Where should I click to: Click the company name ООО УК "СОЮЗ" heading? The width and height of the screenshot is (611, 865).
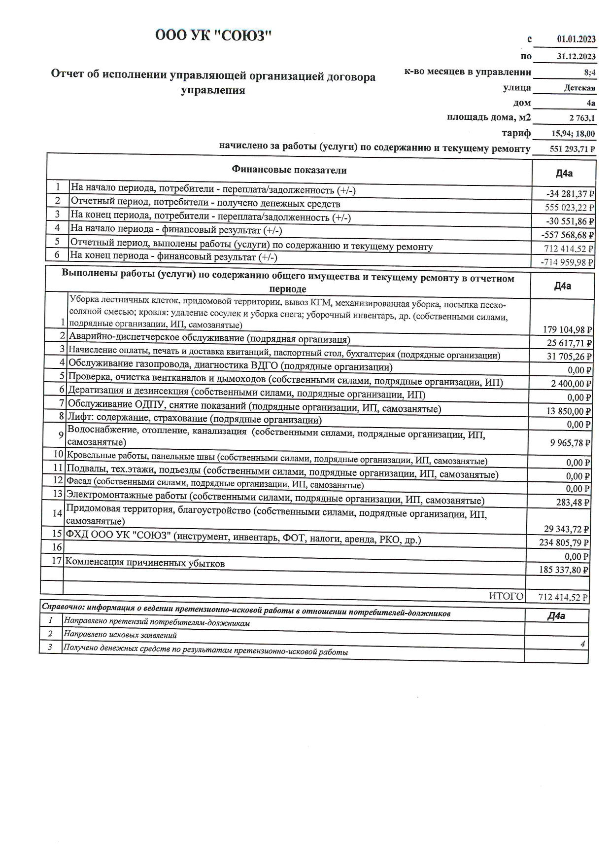pyautogui.click(x=213, y=36)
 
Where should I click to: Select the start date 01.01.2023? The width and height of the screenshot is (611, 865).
pyautogui.click(x=576, y=39)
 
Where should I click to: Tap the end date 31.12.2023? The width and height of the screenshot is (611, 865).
pyautogui.click(x=576, y=56)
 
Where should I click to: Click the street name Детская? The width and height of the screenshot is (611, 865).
pyautogui.click(x=579, y=88)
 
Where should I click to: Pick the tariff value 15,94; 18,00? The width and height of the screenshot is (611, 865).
pyautogui.click(x=573, y=134)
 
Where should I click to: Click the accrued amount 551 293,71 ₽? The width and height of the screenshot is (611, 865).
pyautogui.click(x=572, y=149)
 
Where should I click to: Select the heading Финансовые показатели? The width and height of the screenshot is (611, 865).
pyautogui.click(x=289, y=170)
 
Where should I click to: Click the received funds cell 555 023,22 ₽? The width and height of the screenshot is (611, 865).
pyautogui.click(x=569, y=208)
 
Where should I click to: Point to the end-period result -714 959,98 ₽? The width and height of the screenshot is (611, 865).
pyautogui.click(x=567, y=262)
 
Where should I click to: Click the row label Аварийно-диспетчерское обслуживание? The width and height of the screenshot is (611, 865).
pyautogui.click(x=209, y=339)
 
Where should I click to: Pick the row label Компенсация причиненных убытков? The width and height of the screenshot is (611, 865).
pyautogui.click(x=145, y=563)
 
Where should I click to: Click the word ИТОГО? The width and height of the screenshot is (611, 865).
pyautogui.click(x=506, y=596)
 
